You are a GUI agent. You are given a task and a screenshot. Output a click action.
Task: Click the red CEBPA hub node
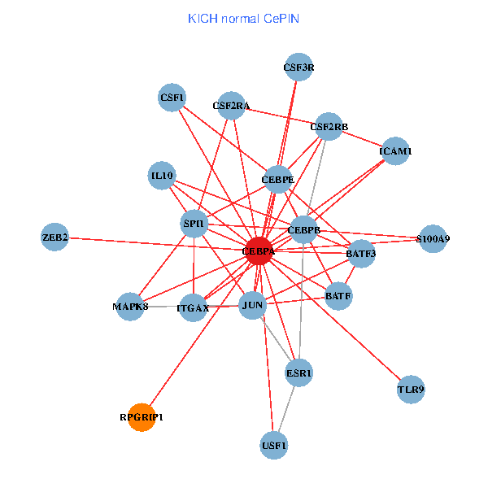click(x=259, y=252)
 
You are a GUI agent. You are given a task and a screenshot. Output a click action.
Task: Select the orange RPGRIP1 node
click(x=142, y=417)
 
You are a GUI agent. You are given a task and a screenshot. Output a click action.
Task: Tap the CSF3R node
click(x=298, y=67)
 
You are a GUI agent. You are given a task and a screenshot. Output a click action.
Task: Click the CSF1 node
click(x=172, y=98)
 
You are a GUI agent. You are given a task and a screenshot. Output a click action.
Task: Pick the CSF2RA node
click(x=232, y=105)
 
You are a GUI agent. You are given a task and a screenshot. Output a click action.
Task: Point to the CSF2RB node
click(x=329, y=126)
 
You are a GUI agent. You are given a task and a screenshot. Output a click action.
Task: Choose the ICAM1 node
click(x=395, y=151)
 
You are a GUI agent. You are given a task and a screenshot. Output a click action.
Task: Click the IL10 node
click(x=162, y=175)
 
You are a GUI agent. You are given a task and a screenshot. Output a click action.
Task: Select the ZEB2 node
click(x=54, y=237)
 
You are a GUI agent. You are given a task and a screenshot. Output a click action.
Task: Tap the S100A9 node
click(x=432, y=239)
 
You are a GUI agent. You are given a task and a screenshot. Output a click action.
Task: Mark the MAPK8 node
click(x=130, y=307)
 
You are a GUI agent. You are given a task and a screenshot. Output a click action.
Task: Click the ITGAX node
click(x=193, y=307)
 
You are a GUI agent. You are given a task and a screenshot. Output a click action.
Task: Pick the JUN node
click(x=253, y=307)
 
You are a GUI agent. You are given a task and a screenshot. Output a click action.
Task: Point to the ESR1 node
click(x=298, y=373)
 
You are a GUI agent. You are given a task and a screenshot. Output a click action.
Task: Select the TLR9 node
click(x=411, y=390)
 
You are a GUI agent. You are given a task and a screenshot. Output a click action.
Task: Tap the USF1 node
click(x=274, y=446)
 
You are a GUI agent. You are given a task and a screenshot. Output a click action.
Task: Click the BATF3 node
click(x=361, y=254)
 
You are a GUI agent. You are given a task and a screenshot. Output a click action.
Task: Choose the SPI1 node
click(x=194, y=223)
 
